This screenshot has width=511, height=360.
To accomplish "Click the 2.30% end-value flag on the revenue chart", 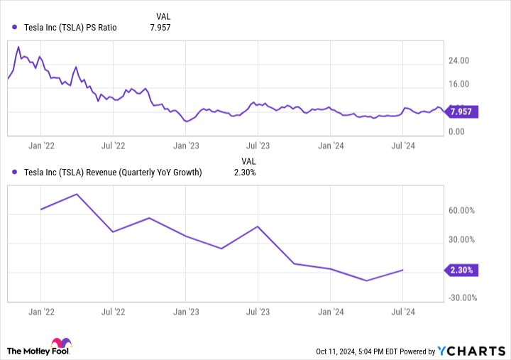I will [x=463, y=270].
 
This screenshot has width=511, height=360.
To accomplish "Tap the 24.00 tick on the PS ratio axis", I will [x=459, y=61].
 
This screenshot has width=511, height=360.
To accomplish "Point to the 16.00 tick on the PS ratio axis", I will [x=459, y=84].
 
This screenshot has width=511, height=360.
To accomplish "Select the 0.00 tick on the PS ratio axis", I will [x=457, y=131].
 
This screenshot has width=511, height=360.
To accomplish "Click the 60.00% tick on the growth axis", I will [x=462, y=211].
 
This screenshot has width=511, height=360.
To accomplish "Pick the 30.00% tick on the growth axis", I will [x=462, y=241].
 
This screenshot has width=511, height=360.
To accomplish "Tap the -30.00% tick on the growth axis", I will [x=461, y=298].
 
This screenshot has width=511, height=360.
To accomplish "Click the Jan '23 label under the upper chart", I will [x=186, y=146].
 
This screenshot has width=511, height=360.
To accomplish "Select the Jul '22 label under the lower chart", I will [x=113, y=311].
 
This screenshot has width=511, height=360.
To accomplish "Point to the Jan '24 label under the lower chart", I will [x=331, y=311].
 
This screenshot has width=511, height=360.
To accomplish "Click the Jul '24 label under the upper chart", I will [x=403, y=146].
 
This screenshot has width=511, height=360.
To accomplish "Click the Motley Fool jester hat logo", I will [x=61, y=347].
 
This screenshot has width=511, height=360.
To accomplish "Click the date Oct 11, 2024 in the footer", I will [x=339, y=351].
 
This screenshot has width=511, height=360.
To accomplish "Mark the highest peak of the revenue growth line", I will [x=77, y=194].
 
